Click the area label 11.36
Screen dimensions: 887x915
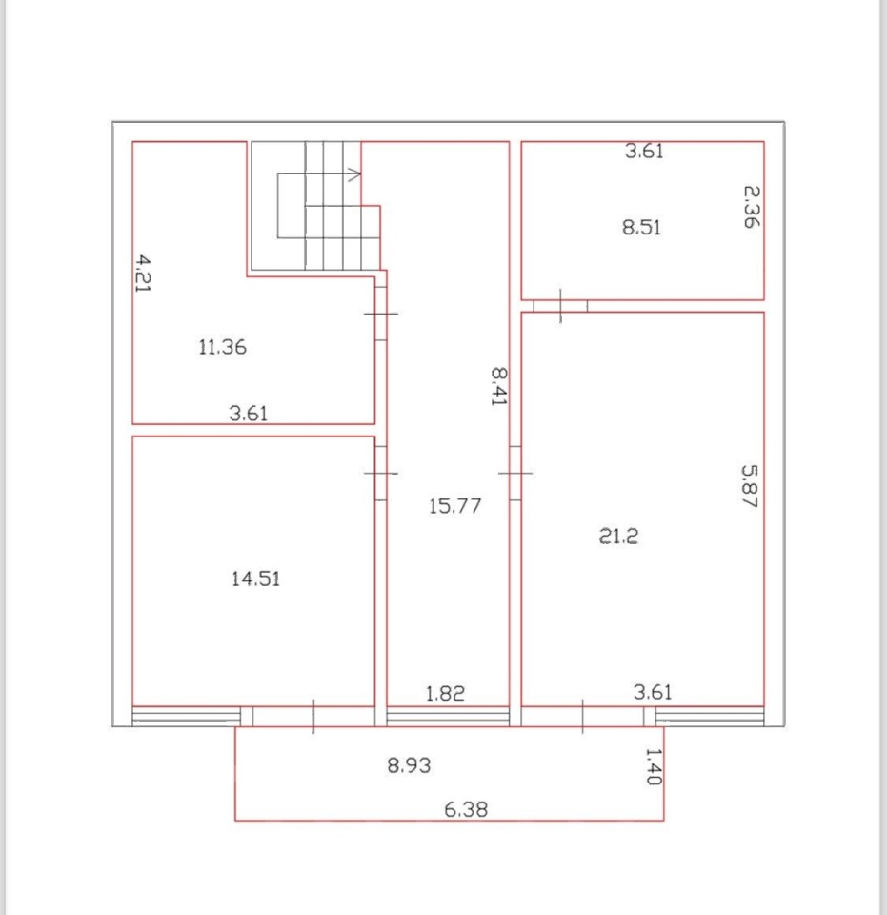[222, 347]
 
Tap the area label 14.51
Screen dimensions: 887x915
[255, 579]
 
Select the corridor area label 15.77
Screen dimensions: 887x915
[454, 506]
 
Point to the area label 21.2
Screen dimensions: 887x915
[618, 536]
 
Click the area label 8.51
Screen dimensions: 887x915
[641, 227]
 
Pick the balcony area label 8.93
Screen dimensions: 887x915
[409, 765]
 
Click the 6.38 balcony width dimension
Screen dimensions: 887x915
[466, 809]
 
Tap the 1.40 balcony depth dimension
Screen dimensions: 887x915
[654, 766]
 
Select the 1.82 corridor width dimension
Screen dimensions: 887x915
[445, 693]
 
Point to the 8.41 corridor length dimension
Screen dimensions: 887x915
[498, 386]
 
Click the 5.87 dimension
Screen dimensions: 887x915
[750, 485]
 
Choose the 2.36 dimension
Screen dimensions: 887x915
[752, 207]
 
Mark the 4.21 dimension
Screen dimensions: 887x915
[143, 274]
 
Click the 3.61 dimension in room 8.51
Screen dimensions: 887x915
[644, 152]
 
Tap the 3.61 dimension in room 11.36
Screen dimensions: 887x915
[249, 413]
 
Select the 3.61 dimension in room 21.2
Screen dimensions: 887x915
[653, 692]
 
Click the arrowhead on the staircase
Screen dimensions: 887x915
[355, 173]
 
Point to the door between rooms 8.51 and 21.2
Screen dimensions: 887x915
[560, 306]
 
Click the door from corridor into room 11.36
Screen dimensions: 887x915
[380, 314]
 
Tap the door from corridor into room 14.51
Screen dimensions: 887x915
[380, 474]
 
